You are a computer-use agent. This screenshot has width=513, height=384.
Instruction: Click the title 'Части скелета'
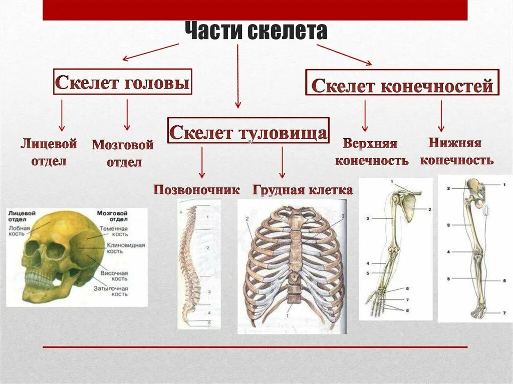click(256, 32)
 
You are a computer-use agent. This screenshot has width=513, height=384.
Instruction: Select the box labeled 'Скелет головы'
click(122, 82)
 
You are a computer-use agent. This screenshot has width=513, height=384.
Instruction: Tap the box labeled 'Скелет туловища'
click(248, 131)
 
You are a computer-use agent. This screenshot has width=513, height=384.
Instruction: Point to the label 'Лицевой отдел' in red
click(49, 153)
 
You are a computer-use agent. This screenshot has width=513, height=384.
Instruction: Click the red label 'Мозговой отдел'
click(123, 153)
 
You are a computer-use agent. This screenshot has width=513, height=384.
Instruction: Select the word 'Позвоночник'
click(196, 190)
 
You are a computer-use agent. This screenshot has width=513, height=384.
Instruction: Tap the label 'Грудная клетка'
click(303, 190)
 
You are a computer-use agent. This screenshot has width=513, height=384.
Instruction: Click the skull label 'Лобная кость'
click(20, 231)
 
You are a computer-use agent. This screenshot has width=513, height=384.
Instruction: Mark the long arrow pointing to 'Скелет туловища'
click(237, 75)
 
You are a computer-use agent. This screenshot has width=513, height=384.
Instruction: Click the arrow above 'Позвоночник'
click(201, 162)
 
